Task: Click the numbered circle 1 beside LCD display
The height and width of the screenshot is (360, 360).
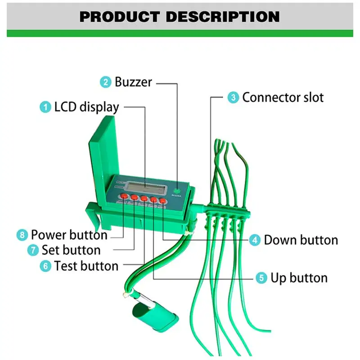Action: click(x=45, y=107)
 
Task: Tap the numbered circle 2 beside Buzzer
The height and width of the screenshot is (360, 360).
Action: click(x=106, y=82)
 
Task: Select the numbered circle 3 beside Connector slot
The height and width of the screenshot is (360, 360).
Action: click(x=233, y=97)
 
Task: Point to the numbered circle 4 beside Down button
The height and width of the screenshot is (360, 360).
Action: click(x=255, y=240)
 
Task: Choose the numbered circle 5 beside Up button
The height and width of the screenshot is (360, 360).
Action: click(x=261, y=278)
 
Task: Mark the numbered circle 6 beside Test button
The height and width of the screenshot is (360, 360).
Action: click(x=45, y=266)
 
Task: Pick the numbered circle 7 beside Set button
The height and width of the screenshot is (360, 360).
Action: click(x=33, y=250)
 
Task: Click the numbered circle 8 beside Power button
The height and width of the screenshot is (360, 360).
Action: click(x=22, y=235)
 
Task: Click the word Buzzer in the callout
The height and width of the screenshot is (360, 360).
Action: click(x=133, y=82)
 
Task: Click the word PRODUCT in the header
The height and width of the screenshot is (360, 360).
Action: click(x=119, y=17)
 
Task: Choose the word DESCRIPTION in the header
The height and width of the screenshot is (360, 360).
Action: click(x=221, y=17)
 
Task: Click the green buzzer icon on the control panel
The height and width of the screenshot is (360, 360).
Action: click(x=179, y=189)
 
